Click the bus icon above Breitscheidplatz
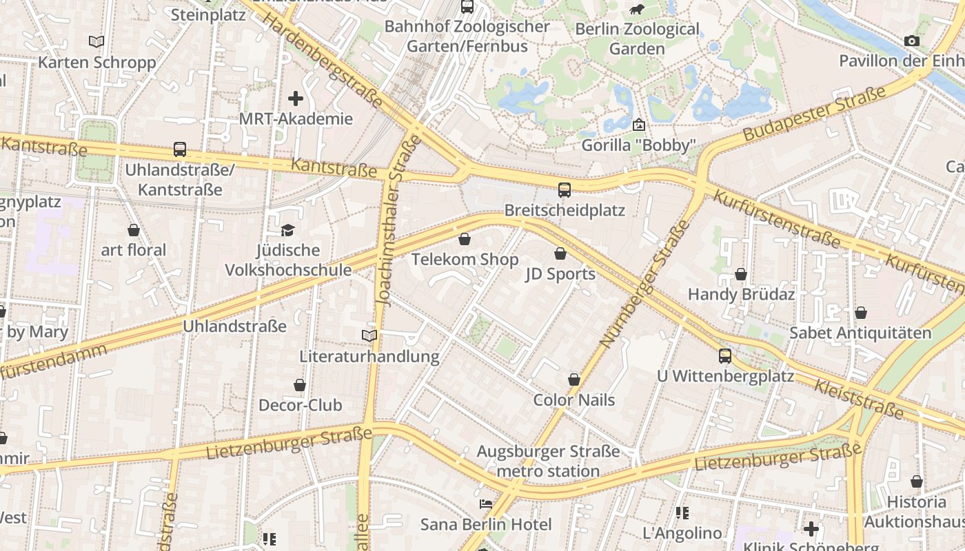click(565, 190)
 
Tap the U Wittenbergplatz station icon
click(725, 356)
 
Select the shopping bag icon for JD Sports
click(560, 253)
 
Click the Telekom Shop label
click(465, 260)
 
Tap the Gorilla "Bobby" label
click(638, 145)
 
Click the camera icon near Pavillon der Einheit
click(912, 41)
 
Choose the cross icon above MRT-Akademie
click(296, 98)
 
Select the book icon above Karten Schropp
click(96, 42)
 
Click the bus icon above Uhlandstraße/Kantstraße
click(180, 149)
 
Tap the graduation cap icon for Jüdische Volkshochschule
click(287, 230)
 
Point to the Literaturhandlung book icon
click(369, 336)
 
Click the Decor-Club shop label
click(300, 405)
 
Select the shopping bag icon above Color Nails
click(574, 380)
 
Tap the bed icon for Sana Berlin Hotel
click(486, 504)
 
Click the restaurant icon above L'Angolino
click(682, 513)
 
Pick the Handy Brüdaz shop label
click(741, 294)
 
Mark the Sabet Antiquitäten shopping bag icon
click(861, 313)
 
